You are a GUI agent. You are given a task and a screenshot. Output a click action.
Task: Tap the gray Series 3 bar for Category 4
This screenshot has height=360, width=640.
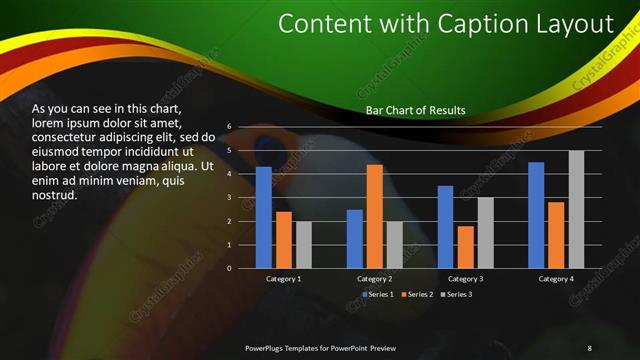[x=576, y=209]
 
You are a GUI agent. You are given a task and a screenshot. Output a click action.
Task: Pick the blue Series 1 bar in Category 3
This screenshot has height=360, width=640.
[x=445, y=227]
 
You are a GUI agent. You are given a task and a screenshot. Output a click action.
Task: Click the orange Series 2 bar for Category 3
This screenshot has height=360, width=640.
[x=465, y=247]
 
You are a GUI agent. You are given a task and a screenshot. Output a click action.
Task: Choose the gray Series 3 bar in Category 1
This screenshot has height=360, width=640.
[x=304, y=245]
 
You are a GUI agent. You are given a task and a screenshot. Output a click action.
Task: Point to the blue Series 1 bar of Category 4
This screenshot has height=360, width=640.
[x=536, y=215]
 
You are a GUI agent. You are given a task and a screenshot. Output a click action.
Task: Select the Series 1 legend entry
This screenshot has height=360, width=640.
[x=379, y=295]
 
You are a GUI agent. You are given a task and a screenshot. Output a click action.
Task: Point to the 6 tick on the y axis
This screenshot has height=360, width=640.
[x=230, y=127]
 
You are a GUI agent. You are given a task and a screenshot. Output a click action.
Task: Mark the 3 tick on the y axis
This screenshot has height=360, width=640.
[x=230, y=198]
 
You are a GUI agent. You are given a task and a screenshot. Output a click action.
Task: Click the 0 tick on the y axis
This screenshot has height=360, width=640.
[x=230, y=268]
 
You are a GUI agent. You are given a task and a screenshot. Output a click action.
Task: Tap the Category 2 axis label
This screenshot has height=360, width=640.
[x=374, y=279]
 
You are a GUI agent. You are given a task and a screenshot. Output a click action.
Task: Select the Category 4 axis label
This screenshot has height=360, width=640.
[x=556, y=279]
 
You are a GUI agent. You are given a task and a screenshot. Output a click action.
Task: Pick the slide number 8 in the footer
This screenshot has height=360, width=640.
[x=589, y=347]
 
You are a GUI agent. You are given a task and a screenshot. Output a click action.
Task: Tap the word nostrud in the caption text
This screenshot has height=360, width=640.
[x=55, y=194]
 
